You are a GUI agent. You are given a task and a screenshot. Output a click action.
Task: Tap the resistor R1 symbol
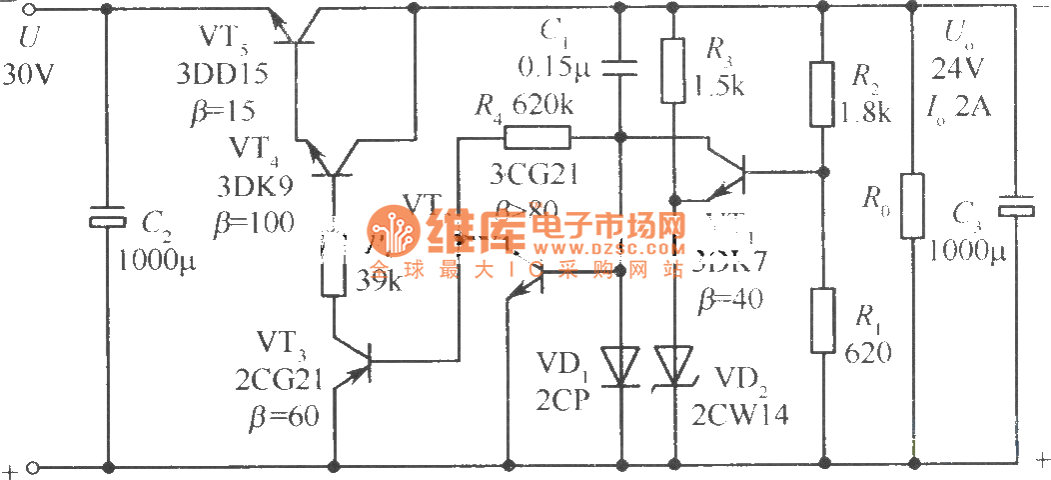click(821, 320)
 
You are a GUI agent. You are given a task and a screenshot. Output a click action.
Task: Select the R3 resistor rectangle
click(673, 70)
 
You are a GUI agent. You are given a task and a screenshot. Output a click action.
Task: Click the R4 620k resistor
click(536, 137)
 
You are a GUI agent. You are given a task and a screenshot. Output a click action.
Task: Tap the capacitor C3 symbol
click(1017, 204)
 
